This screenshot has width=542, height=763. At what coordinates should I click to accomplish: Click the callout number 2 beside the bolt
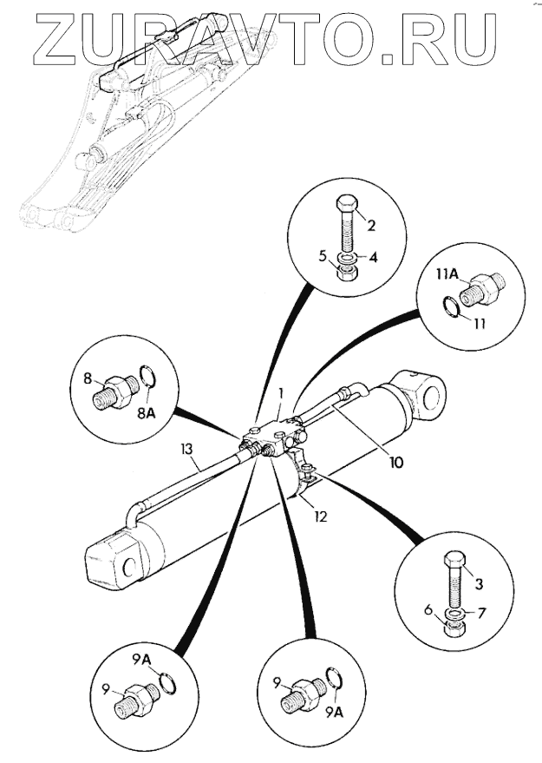[371, 226]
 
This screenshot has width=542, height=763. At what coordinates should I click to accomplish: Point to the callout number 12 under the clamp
[319, 516]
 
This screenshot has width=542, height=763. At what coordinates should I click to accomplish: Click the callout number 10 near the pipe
[395, 463]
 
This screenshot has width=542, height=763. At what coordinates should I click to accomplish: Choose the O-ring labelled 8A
[148, 377]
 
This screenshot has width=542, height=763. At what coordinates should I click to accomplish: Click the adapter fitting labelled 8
[113, 392]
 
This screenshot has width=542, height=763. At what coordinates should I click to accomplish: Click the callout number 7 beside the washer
[481, 612]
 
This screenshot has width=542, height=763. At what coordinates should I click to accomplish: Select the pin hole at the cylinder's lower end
[130, 567]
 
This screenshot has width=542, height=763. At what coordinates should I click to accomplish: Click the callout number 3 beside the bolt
[479, 583]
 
